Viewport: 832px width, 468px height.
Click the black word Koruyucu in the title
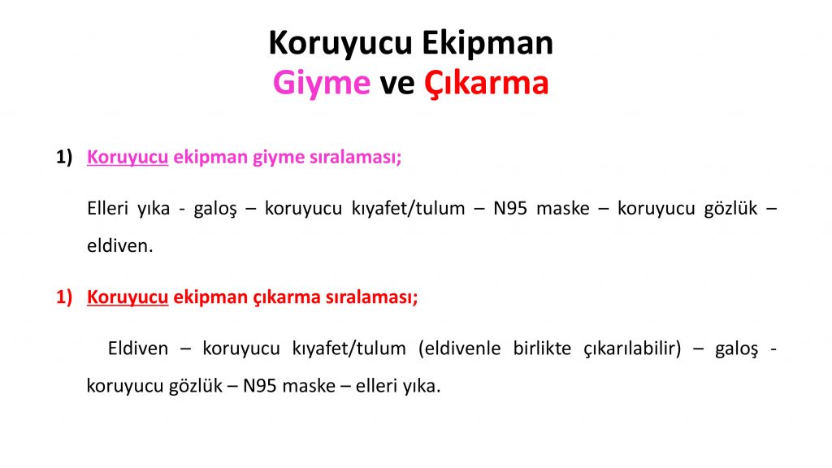[340, 44]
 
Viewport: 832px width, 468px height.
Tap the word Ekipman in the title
[487, 44]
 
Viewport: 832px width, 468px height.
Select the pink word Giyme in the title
[322, 84]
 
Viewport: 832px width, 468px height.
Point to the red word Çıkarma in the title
[486, 84]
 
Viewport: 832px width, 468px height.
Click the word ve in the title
[396, 84]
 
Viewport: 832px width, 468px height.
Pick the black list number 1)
[64, 157]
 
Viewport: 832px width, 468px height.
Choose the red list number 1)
[64, 297]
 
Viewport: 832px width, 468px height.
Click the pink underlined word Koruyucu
[128, 158]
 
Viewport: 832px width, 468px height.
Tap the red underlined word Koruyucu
[128, 297]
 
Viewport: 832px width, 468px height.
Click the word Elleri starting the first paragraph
[107, 208]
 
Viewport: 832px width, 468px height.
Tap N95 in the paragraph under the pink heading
[510, 208]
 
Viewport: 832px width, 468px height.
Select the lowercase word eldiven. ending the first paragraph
[120, 245]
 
